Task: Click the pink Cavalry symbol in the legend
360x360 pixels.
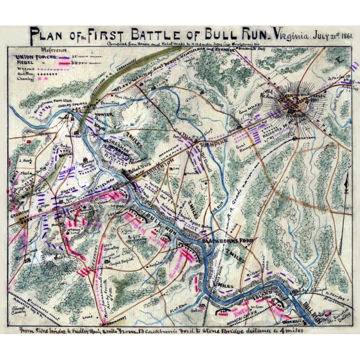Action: pyautogui.click(x=44, y=78)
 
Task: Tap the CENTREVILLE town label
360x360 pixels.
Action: pyautogui.click(x=294, y=95)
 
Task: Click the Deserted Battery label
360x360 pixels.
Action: pyautogui.click(x=339, y=318)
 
